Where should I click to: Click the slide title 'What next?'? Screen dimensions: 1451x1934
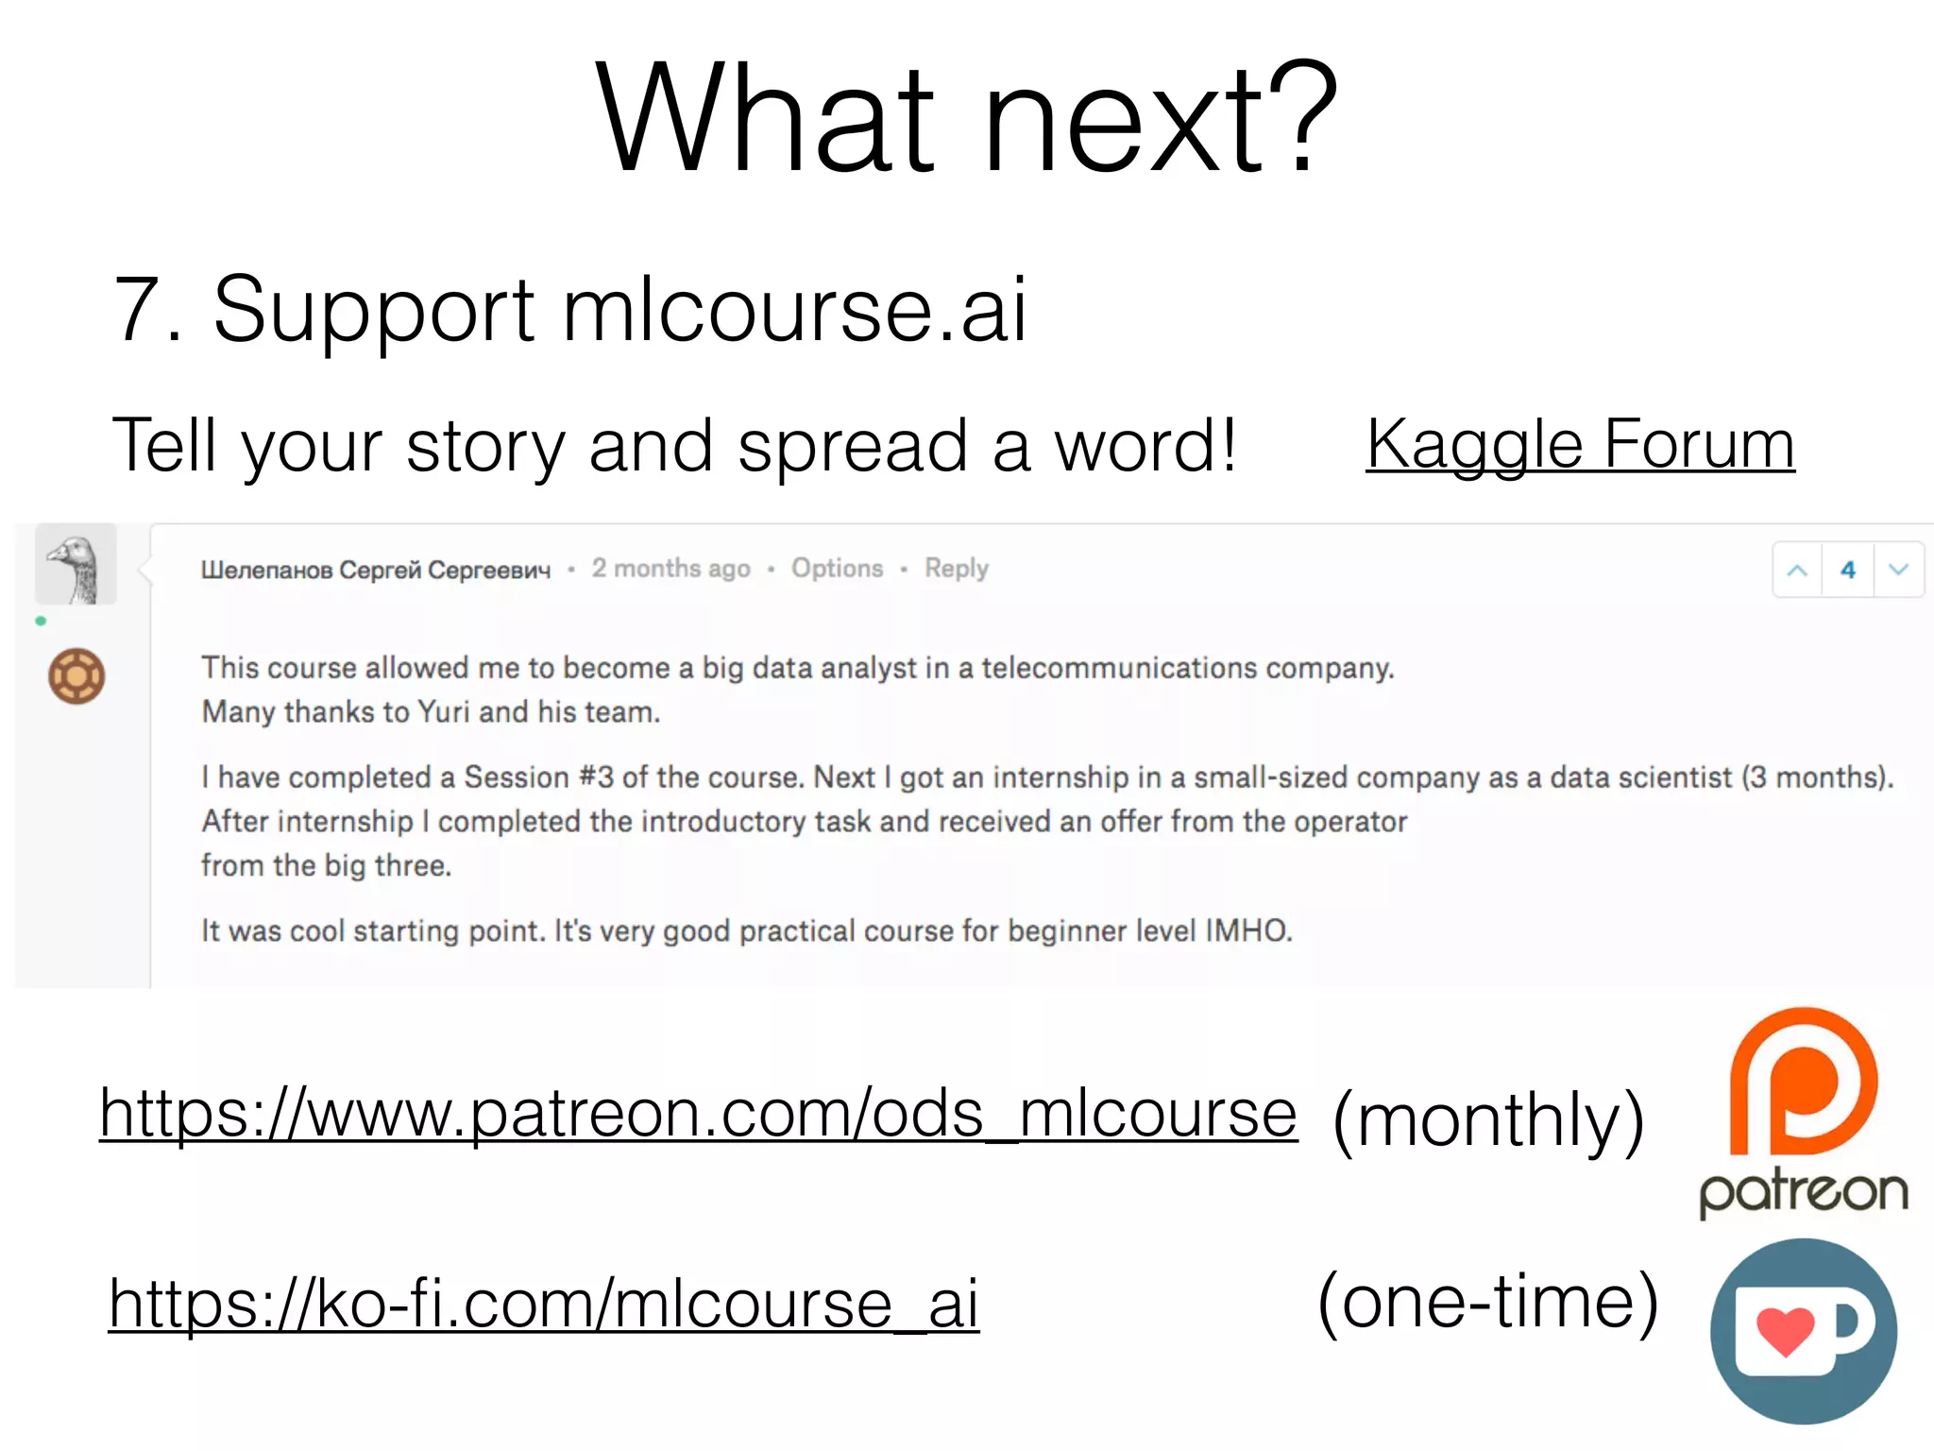coord(966,118)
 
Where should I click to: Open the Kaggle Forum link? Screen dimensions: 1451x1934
coord(1580,444)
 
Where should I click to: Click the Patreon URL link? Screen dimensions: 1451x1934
coord(698,1114)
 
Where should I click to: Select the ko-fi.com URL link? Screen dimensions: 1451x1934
coord(544,1304)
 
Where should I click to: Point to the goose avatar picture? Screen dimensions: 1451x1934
coord(76,565)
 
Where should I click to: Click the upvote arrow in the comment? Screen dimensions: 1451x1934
coord(1797,570)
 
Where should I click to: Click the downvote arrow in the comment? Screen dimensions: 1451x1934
coord(1898,570)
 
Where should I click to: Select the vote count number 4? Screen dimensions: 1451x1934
coord(1848,570)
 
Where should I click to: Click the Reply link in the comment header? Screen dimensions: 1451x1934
coord(956,569)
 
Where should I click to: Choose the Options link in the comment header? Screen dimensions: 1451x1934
coord(837,569)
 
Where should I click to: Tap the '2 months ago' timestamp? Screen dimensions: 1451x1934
coord(670,569)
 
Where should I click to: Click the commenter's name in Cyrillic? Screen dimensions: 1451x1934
coord(375,570)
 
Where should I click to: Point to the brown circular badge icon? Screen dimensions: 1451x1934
coord(76,676)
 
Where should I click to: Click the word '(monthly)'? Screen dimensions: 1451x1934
coord(1488,1120)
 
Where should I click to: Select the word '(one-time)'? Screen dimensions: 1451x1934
coord(1488,1304)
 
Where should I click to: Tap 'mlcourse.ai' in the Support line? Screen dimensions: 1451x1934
coord(794,309)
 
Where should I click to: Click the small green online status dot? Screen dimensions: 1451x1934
coord(41,621)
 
